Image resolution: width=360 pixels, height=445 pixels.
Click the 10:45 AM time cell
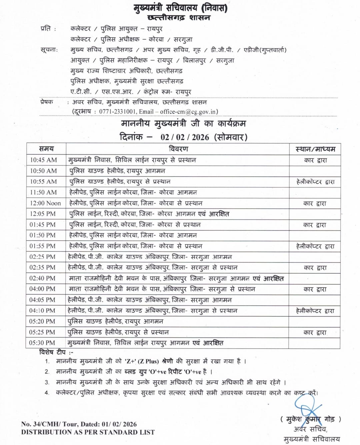point(43,160)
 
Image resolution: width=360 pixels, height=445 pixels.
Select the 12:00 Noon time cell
point(45,203)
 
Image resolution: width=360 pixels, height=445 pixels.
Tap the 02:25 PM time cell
point(42,257)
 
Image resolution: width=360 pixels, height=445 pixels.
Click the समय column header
point(46,149)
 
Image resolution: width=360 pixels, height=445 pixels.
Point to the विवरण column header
point(178,149)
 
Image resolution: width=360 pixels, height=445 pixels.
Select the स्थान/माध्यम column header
point(315,149)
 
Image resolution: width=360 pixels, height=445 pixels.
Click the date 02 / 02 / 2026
point(185,137)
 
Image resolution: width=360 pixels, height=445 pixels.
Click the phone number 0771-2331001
point(117,112)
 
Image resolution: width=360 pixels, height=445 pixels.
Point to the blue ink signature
point(307,406)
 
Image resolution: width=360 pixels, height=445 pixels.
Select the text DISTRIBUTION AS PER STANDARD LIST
point(88,432)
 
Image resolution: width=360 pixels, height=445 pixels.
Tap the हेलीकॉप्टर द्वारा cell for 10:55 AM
point(315,182)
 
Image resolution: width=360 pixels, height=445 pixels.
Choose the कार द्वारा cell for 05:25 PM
point(315,332)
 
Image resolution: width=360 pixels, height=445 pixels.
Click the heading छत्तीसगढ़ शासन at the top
point(179,18)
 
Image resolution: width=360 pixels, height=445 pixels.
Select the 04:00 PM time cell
point(42,289)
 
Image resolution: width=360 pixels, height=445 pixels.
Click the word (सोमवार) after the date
point(231,137)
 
